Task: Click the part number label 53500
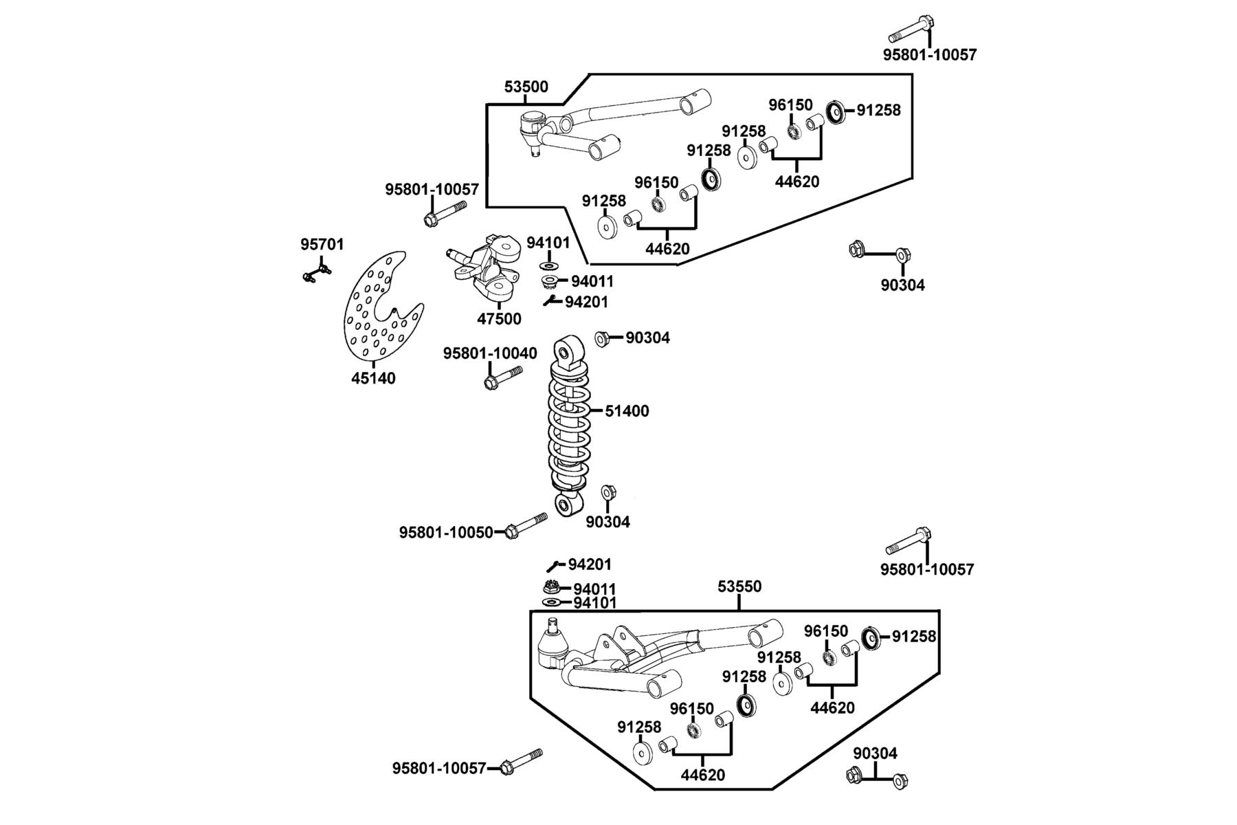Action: click(x=526, y=87)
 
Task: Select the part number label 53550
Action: click(x=739, y=586)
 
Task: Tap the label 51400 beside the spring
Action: click(x=627, y=411)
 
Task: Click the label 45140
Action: click(x=373, y=378)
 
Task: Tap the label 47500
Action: click(x=500, y=319)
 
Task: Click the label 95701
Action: click(x=322, y=244)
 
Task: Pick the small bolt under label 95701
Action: click(x=317, y=274)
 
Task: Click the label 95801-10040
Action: click(x=490, y=353)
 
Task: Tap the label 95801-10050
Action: click(x=446, y=533)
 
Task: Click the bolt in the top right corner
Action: click(x=912, y=30)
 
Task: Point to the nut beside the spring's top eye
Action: click(x=601, y=338)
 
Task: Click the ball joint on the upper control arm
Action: click(x=533, y=132)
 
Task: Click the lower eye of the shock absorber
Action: click(x=567, y=507)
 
